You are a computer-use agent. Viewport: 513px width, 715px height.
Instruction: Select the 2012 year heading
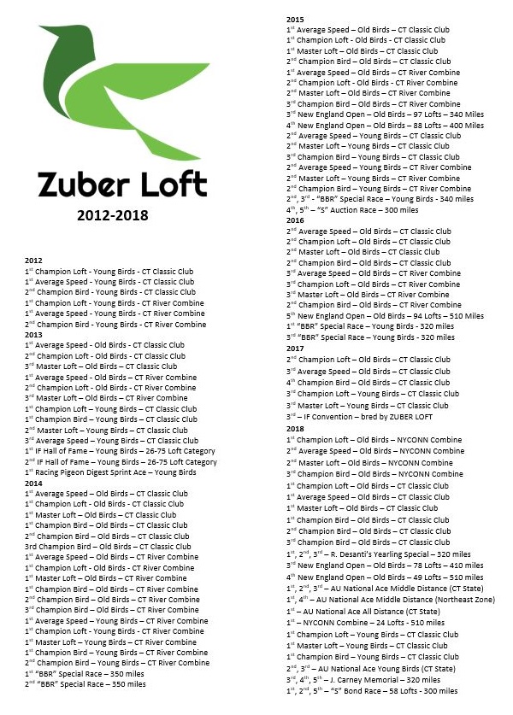33,261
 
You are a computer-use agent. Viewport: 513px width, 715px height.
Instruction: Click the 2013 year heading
33,335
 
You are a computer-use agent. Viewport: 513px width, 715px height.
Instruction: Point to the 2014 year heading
33,483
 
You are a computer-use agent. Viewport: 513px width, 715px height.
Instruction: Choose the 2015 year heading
295,19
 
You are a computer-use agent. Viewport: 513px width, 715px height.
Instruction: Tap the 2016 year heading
295,220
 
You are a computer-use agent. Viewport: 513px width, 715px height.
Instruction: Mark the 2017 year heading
295,349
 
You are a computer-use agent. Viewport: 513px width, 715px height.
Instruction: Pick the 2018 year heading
295,429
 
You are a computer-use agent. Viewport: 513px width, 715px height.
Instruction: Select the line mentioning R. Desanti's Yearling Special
378,554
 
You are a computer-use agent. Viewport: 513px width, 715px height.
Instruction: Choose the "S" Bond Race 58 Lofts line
372,691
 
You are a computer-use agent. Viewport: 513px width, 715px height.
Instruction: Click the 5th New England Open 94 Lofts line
385,316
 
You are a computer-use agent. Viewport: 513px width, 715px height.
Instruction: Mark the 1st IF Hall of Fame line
120,451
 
